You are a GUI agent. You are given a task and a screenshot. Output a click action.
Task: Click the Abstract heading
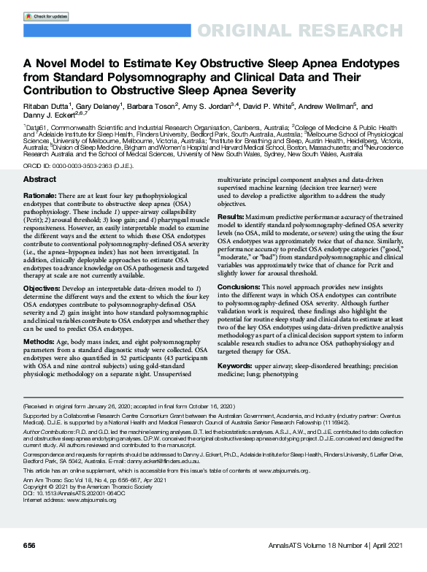tap(39, 179)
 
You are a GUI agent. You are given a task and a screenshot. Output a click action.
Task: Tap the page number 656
tap(29, 546)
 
